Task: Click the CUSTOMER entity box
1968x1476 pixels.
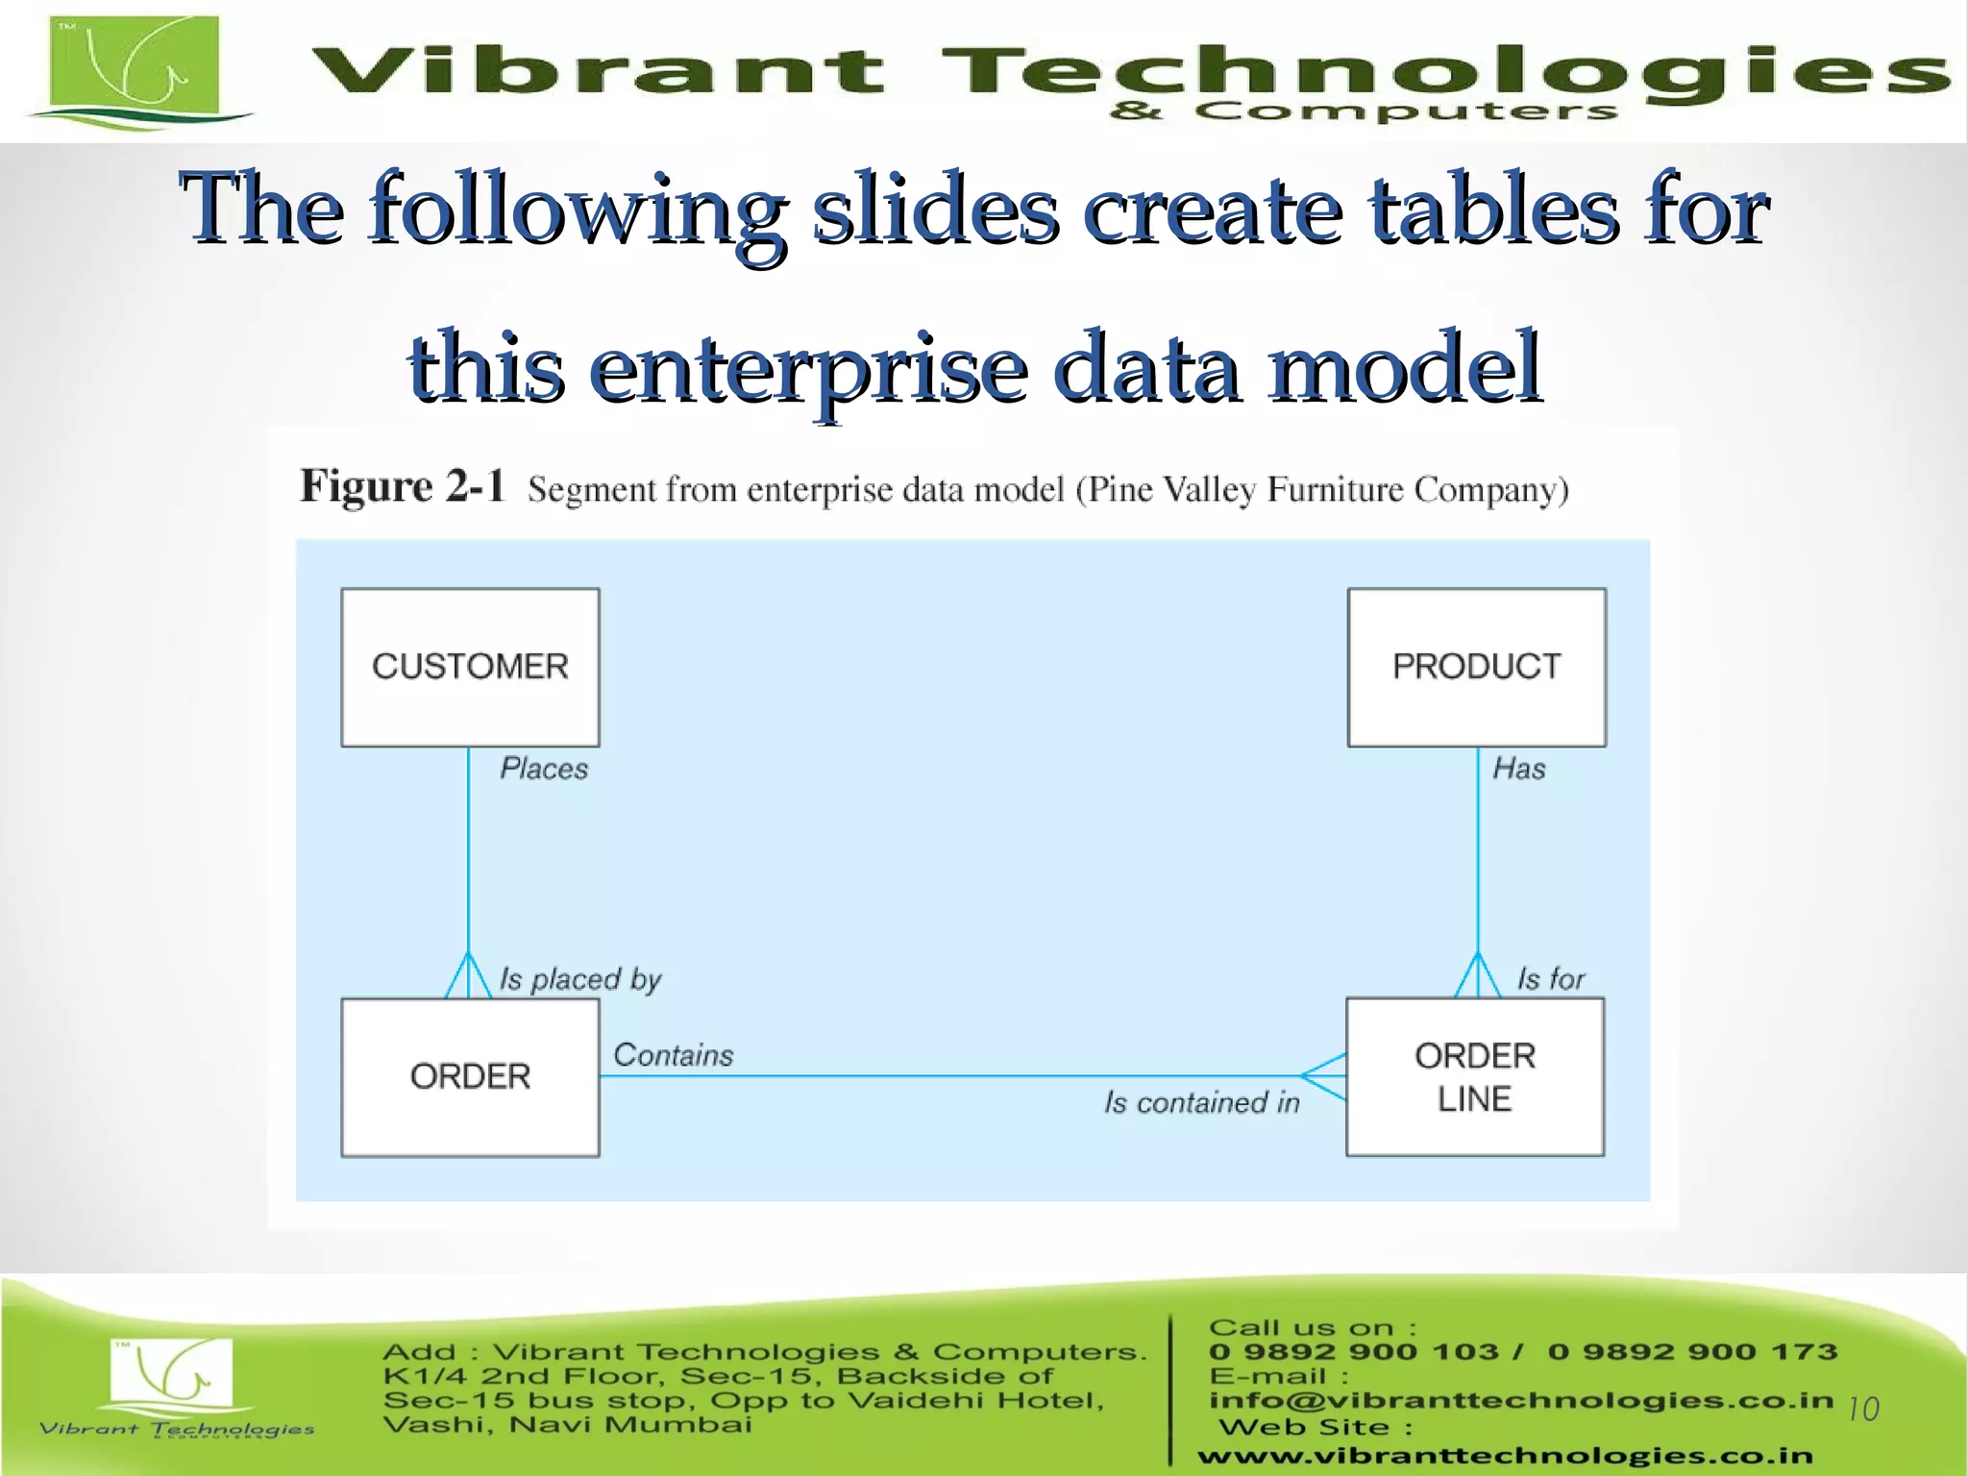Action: [x=470, y=667]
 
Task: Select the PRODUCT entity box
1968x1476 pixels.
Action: [x=1476, y=667]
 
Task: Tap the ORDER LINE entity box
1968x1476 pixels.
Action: [x=1475, y=1077]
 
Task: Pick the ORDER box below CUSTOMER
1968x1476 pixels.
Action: [x=470, y=1077]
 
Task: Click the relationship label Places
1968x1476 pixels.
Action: [x=544, y=769]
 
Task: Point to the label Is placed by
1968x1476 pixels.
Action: [x=580, y=979]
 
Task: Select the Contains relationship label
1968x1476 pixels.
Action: [x=674, y=1055]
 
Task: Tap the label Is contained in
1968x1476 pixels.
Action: [x=1201, y=1102]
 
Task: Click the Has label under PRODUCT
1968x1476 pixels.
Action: [x=1518, y=769]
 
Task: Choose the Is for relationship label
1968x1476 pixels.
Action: [x=1550, y=979]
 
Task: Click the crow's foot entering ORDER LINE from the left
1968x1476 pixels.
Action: [x=1324, y=1076]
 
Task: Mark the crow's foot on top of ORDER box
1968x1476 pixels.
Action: [x=468, y=976]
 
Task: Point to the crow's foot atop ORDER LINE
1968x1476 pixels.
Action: [x=1477, y=976]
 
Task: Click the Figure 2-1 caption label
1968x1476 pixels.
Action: [x=402, y=486]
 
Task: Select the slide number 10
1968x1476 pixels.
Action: [x=1863, y=1410]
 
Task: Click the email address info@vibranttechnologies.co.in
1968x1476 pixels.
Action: [x=1521, y=1400]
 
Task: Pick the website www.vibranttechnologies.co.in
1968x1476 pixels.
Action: [x=1505, y=1456]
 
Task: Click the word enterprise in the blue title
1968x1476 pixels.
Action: [x=808, y=369]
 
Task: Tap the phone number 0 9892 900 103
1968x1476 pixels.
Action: [x=1354, y=1352]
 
